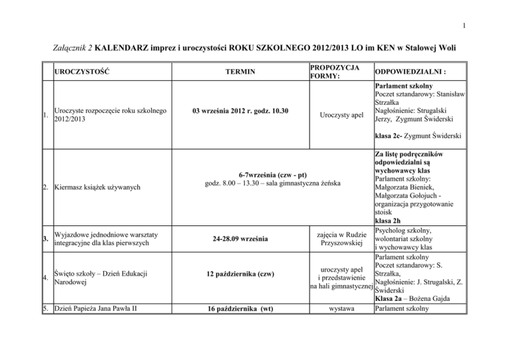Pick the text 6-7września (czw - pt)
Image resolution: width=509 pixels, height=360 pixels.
(x=262, y=170)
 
